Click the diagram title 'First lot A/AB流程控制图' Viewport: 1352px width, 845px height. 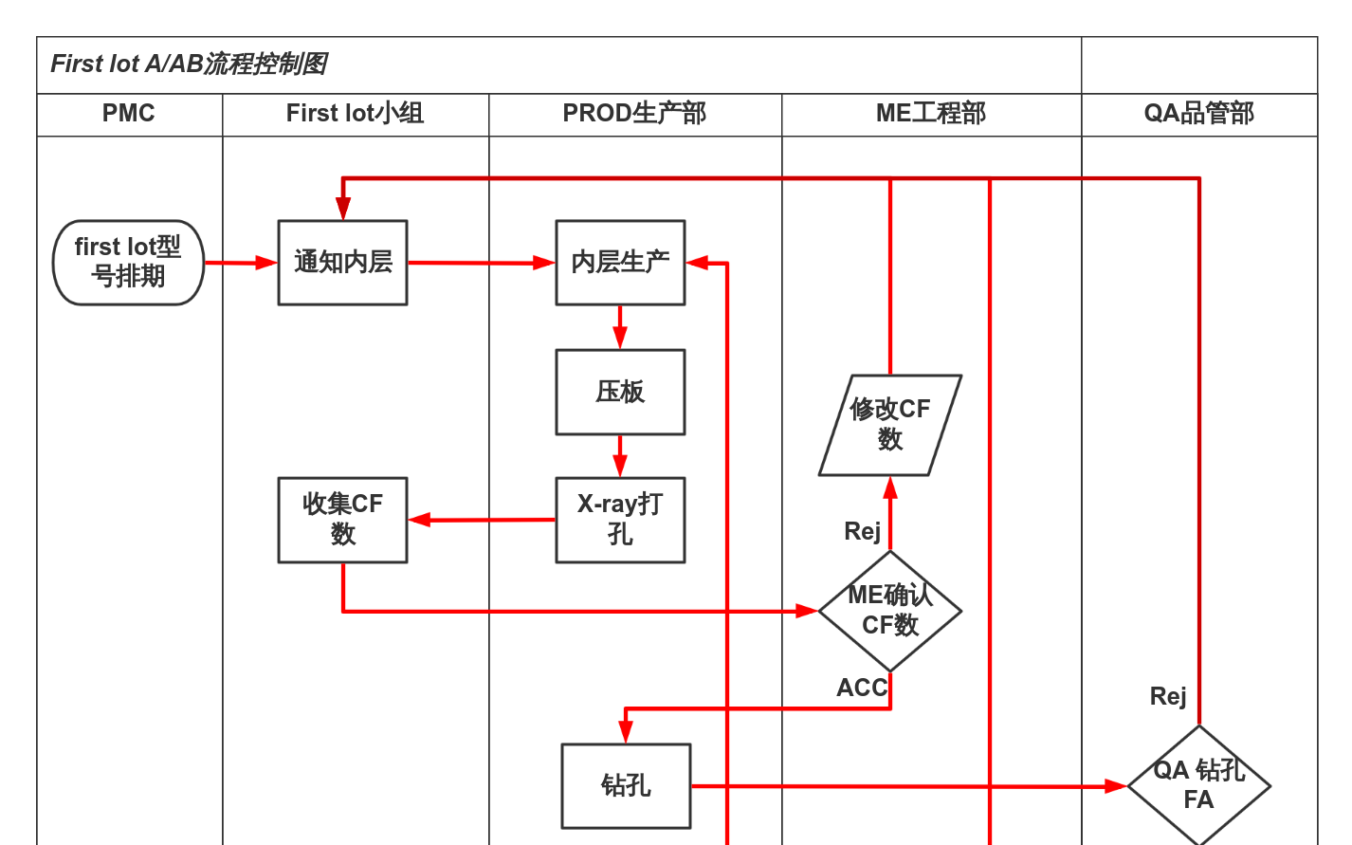(189, 64)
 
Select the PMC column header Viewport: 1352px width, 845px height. (129, 114)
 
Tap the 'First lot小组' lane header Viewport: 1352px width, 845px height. (355, 114)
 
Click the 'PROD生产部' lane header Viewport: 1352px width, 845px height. (634, 114)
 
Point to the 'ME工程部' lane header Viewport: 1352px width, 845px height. (930, 114)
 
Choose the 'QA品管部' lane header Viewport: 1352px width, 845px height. (1198, 114)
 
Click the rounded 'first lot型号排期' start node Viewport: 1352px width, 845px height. (128, 263)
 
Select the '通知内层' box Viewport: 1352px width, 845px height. (342, 263)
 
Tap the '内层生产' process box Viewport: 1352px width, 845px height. (620, 263)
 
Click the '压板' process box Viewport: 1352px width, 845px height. (620, 392)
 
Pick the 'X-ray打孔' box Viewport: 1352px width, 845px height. (620, 520)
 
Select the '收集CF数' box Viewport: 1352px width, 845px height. (342, 520)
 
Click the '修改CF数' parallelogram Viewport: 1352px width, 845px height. (890, 425)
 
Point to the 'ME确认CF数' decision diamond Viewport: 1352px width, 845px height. (890, 611)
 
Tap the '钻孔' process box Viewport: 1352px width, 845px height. (626, 785)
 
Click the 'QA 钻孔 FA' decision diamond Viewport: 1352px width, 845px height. (1198, 785)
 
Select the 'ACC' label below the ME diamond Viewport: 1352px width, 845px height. (862, 688)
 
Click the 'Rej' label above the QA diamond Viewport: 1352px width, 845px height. (1168, 697)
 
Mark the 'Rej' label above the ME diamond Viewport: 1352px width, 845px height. (863, 531)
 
